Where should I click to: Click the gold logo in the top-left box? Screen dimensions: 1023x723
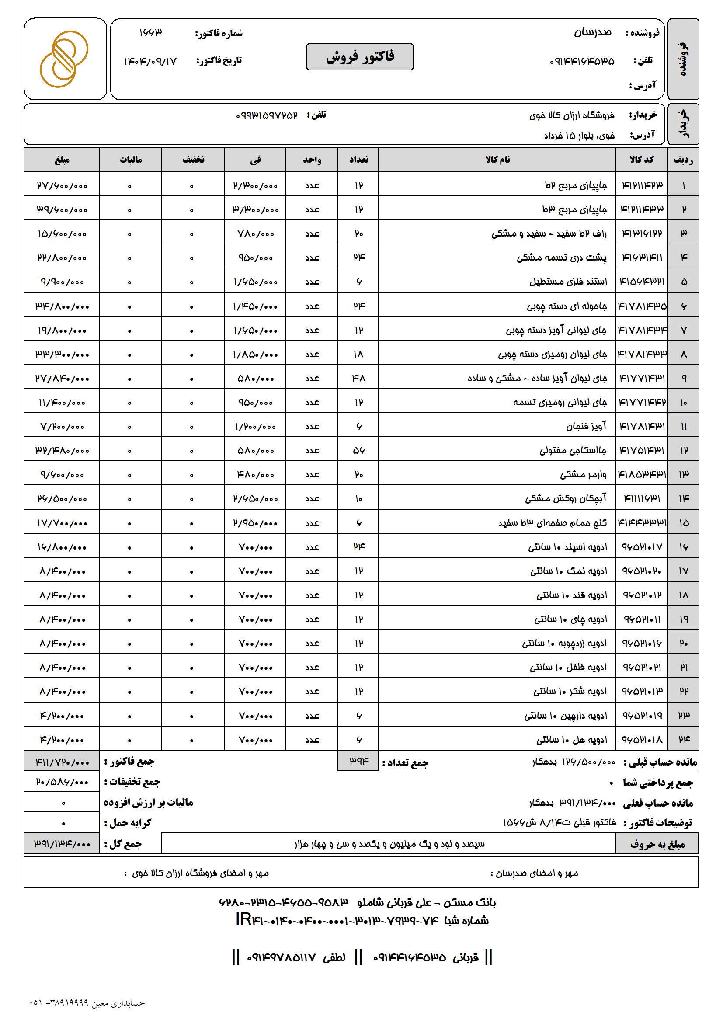64,59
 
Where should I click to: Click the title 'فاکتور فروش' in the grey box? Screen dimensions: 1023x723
359,56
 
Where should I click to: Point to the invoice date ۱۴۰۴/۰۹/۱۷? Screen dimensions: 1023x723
150,61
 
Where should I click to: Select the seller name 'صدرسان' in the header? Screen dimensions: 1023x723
592,32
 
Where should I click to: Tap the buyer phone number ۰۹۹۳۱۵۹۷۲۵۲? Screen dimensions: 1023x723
266,115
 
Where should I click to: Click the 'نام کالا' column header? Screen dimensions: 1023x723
497,160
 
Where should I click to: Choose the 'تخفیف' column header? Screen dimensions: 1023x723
193,160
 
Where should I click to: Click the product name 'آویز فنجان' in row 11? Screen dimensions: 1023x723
586,426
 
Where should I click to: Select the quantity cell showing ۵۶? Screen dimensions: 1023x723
358,450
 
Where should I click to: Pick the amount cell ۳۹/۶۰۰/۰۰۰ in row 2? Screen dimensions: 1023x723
62,209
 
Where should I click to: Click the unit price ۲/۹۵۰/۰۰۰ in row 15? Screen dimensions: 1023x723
255,523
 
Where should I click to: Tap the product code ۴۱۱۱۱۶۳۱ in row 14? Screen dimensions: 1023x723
642,498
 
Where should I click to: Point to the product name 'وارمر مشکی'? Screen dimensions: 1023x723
583,474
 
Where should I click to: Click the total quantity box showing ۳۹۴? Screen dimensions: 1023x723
358,761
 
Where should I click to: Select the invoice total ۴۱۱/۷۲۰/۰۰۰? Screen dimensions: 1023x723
62,762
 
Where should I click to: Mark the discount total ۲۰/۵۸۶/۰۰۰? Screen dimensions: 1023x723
62,782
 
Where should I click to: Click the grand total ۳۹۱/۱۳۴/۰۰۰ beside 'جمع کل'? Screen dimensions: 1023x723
62,843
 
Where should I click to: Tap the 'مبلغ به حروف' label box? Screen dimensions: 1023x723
657,843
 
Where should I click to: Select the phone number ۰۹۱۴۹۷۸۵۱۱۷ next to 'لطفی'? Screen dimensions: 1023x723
281,957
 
